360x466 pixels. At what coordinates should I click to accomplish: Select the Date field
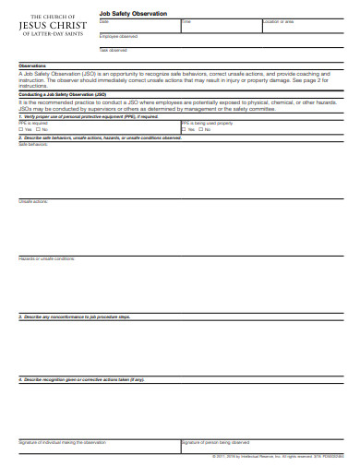click(138, 28)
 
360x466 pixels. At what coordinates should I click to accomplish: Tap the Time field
click(220, 28)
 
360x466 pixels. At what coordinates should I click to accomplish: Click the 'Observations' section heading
click(33, 66)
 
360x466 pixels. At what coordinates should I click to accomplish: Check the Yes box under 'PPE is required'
click(21, 129)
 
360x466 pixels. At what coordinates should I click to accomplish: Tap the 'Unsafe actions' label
click(32, 200)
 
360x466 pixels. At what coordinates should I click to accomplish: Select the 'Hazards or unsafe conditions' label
click(47, 258)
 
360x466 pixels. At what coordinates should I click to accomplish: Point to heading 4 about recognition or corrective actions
click(83, 378)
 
